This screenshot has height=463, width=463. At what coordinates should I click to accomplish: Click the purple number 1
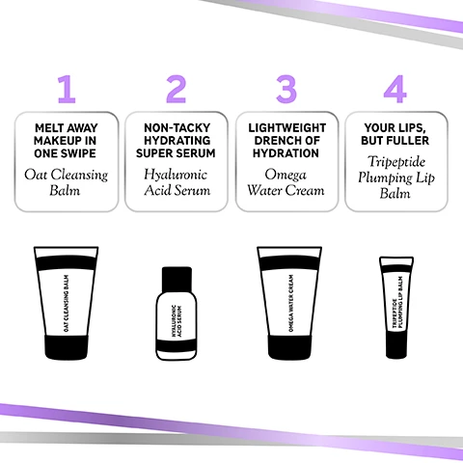pyautogui.click(x=66, y=89)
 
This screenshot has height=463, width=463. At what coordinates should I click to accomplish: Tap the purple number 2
pyautogui.click(x=176, y=89)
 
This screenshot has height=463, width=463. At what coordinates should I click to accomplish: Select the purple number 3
pyautogui.click(x=286, y=89)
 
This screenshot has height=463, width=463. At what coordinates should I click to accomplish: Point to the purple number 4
pyautogui.click(x=395, y=89)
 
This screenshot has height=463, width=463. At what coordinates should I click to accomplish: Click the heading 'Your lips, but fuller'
pyautogui.click(x=395, y=133)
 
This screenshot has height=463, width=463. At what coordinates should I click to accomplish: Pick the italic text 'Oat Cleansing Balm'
pyautogui.click(x=66, y=182)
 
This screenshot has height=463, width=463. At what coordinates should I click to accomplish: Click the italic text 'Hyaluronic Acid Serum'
pyautogui.click(x=176, y=182)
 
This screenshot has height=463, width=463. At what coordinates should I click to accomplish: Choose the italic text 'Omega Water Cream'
pyautogui.click(x=286, y=182)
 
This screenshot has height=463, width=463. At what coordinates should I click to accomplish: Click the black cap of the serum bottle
pyautogui.click(x=176, y=281)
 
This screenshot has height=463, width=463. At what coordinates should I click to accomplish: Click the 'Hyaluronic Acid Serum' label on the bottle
pyautogui.click(x=176, y=318)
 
